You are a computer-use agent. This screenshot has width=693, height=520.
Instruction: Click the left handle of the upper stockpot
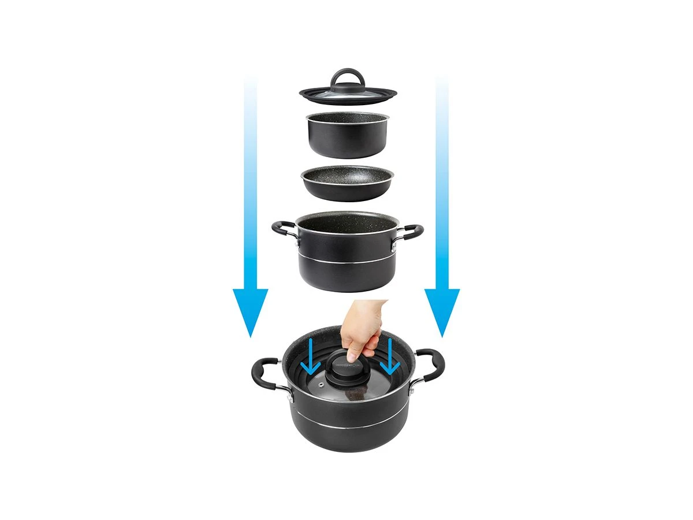coord(284,228)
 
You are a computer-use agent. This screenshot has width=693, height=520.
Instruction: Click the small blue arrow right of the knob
coord(391,358)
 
